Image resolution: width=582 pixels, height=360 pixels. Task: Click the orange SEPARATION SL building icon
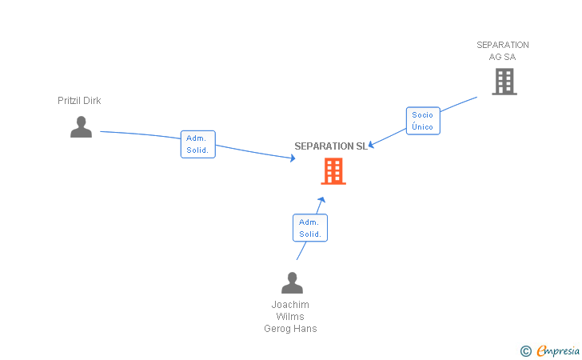(x=333, y=170)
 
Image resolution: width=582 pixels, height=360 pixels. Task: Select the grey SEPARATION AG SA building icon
(x=504, y=81)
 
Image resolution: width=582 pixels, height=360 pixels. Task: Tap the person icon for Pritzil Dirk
(x=81, y=126)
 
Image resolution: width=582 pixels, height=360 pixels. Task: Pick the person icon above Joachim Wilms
(x=292, y=282)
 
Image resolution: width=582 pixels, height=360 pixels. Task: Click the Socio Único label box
(x=423, y=121)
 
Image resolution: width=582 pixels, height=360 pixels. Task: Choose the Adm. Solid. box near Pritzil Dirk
(x=197, y=144)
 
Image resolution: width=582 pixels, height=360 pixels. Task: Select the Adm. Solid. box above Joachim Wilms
(x=310, y=228)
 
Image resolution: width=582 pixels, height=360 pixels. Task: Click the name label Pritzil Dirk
(x=79, y=101)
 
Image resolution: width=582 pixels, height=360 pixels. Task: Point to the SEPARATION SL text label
(x=330, y=146)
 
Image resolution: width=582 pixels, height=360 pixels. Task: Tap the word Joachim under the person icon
(x=290, y=305)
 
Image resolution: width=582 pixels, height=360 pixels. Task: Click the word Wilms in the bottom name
(x=290, y=317)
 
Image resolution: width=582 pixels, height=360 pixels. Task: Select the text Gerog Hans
(x=290, y=329)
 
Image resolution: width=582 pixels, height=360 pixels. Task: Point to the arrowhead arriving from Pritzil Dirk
(x=293, y=158)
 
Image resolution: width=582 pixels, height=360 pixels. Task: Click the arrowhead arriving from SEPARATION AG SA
(x=371, y=145)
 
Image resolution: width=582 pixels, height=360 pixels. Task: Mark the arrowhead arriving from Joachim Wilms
(x=321, y=199)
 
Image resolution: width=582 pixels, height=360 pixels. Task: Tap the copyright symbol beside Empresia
(x=525, y=350)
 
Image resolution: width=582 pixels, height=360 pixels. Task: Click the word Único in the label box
(x=423, y=127)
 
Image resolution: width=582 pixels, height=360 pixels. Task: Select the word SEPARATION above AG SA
(x=503, y=45)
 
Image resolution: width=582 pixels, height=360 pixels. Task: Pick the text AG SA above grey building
(x=503, y=57)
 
